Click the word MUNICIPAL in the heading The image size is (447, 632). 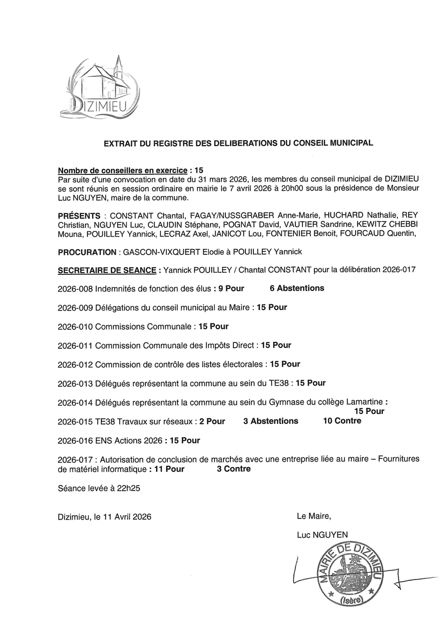pos(350,143)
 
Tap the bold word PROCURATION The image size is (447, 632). pos(87,252)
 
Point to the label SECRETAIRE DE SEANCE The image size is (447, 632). pos(107,270)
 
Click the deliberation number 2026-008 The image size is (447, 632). pos(75,289)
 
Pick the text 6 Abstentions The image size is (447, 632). pos(297,288)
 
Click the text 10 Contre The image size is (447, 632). pos(342,421)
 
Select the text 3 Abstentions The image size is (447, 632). pos(271,421)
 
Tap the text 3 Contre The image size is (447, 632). pos(233,469)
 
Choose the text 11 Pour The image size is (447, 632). pos(169,469)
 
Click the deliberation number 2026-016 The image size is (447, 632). pos(75,441)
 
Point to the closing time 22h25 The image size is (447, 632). pos(129,488)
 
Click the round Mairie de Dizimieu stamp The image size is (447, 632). pos(351,574)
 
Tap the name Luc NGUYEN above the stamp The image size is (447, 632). pos(322,535)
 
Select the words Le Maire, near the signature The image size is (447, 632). pos(313,516)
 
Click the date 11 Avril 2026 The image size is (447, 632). pos(127,517)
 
